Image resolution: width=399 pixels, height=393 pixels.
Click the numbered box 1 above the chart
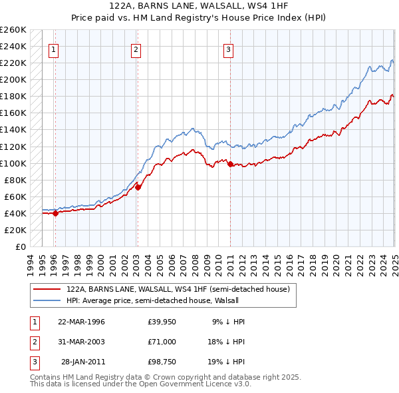point(53,49)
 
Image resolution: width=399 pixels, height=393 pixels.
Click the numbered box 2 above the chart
point(136,49)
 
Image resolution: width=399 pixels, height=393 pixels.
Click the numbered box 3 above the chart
point(228,49)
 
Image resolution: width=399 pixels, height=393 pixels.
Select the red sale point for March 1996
point(55,213)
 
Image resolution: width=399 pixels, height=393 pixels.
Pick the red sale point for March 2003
point(138,187)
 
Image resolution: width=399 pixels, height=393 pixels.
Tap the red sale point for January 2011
point(230,164)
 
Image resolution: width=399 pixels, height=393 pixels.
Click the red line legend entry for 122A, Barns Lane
point(178,290)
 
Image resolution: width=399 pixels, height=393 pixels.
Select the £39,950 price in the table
point(162,322)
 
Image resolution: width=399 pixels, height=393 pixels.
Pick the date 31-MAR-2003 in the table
point(81,342)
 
